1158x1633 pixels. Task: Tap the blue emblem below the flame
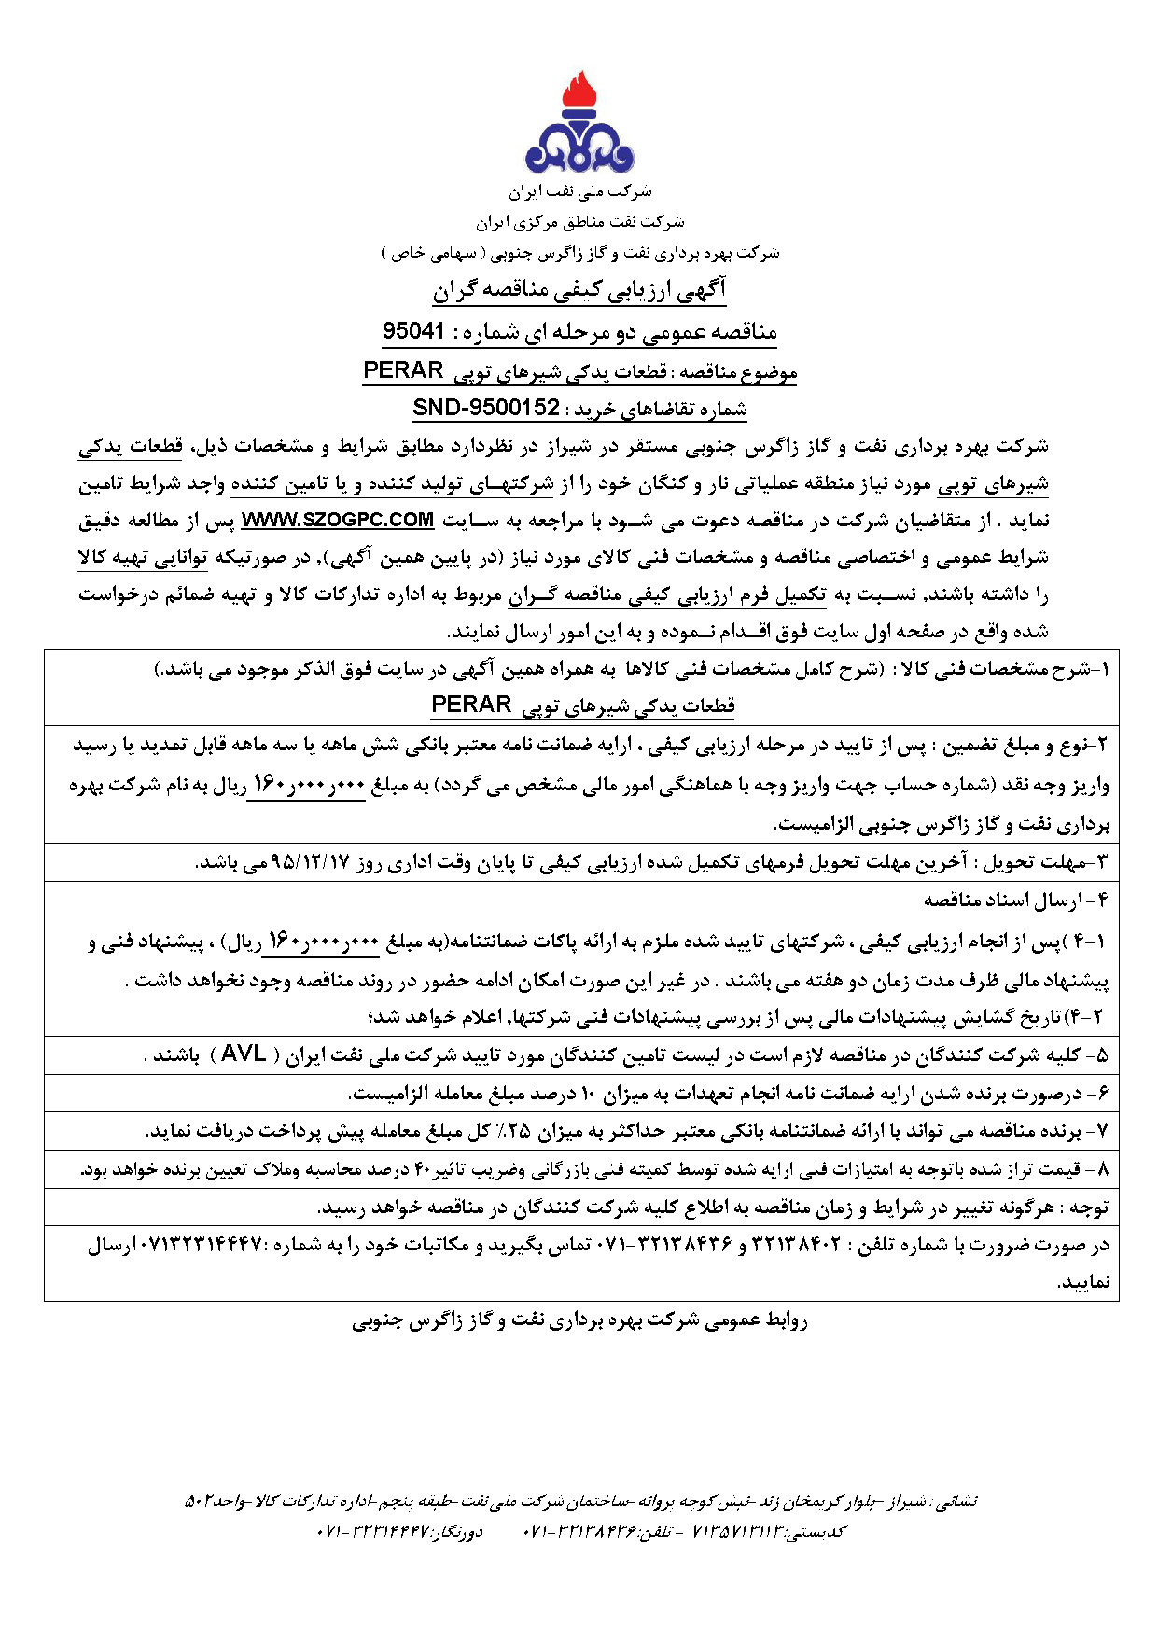tap(579, 147)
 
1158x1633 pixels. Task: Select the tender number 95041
tap(413, 332)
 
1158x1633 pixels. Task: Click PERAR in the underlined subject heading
tap(403, 370)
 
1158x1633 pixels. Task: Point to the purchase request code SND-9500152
tap(486, 408)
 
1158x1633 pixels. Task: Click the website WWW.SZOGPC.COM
tap(338, 520)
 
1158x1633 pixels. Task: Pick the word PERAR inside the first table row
tap(471, 705)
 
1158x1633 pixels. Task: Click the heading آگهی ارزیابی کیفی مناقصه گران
tap(579, 291)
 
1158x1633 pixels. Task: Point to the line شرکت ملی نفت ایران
tap(579, 191)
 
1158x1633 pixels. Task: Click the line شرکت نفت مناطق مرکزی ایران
tap(579, 222)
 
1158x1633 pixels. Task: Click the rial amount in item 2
tap(306, 786)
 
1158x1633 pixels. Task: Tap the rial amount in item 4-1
tap(323, 942)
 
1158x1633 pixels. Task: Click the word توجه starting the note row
tap(1087, 1207)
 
